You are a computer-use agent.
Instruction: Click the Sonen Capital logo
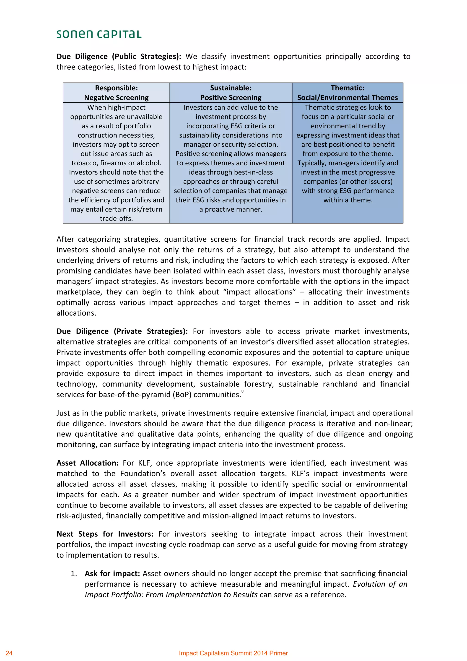point(99,34)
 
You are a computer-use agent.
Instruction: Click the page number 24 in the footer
point(9,653)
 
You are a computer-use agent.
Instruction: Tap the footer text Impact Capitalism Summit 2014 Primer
point(233,653)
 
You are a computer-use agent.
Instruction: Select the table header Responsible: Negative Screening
point(116,93)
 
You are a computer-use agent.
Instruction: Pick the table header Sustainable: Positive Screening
point(231,93)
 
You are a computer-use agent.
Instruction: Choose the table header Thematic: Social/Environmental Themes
point(347,93)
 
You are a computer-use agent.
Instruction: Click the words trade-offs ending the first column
point(116,219)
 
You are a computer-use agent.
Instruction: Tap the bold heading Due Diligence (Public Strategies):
point(119,56)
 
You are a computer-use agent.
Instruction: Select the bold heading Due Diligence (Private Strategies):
point(122,331)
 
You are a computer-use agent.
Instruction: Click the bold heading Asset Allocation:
point(88,463)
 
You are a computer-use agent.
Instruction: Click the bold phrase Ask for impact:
point(112,573)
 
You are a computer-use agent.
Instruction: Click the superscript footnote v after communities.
point(242,392)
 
